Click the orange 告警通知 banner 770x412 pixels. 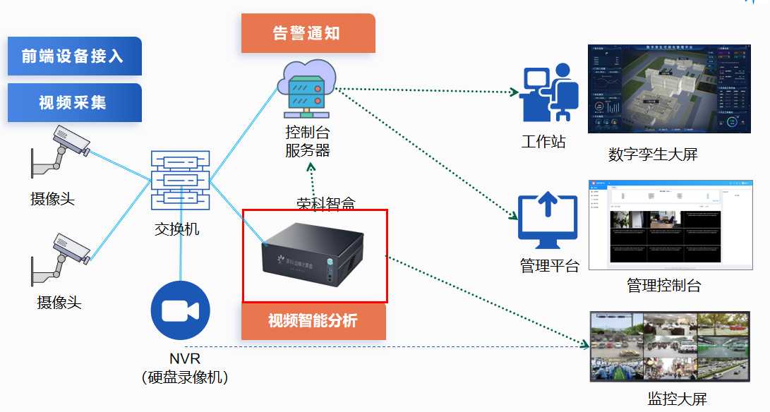pyautogui.click(x=307, y=33)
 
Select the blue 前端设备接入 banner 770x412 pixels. pyautogui.click(x=74, y=56)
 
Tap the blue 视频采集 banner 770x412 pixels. pyautogui.click(x=74, y=102)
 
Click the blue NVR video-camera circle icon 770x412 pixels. pyautogui.click(x=180, y=310)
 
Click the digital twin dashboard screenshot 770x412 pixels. pyautogui.click(x=667, y=90)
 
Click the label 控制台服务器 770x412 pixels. pyautogui.click(x=307, y=140)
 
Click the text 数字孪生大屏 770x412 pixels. pyautogui.click(x=653, y=154)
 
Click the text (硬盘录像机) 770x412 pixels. pyautogui.click(x=185, y=377)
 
